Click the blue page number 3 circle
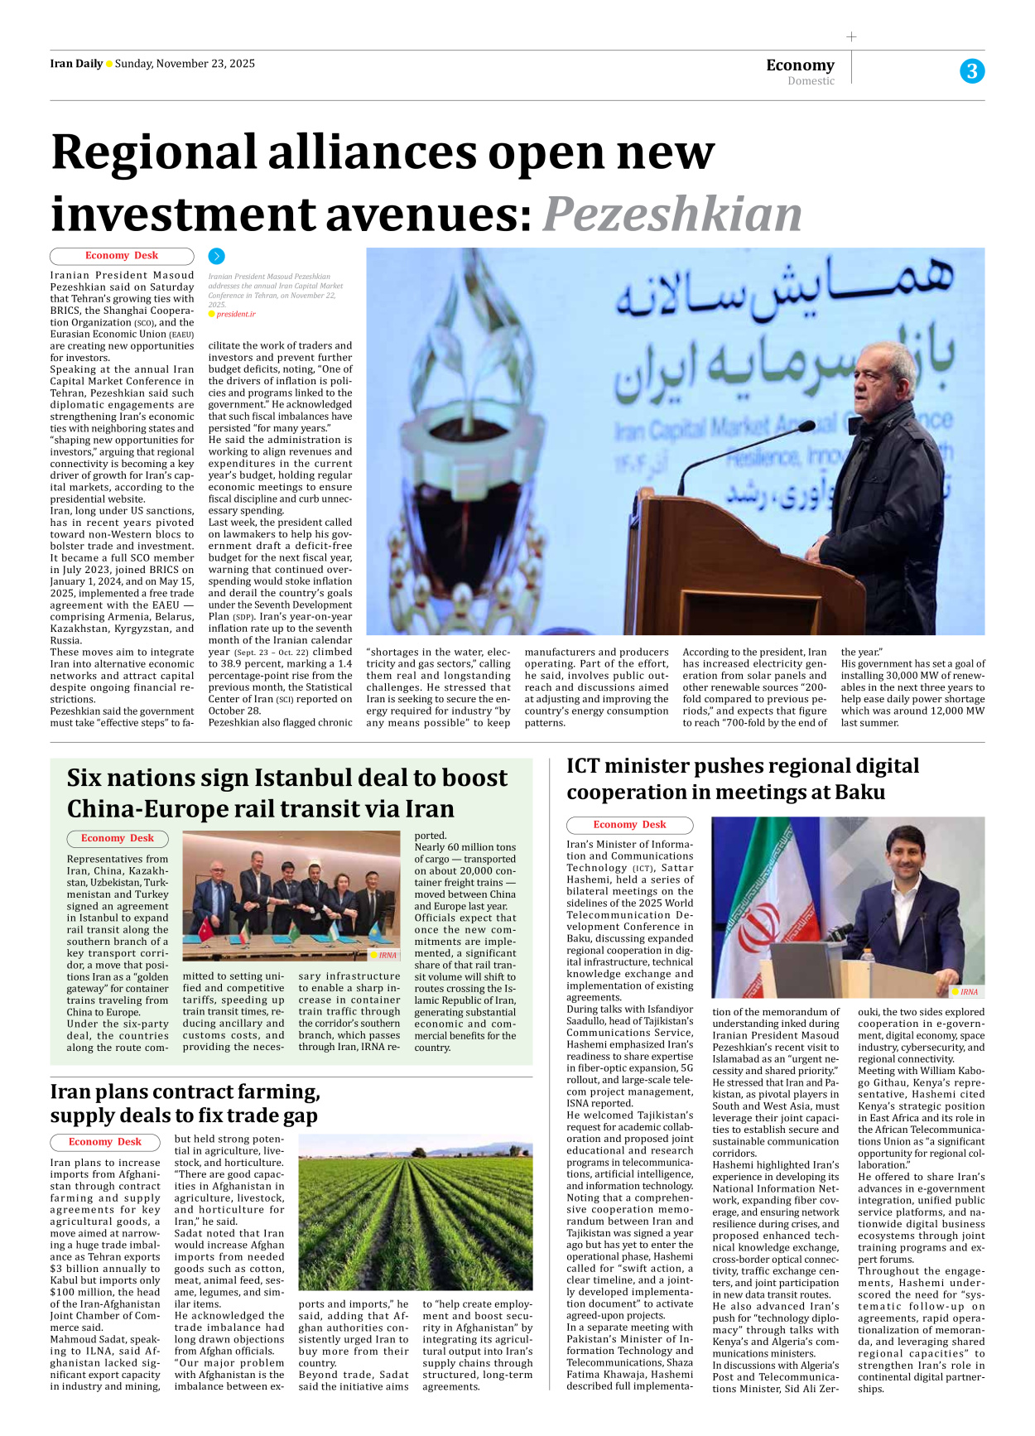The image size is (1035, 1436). [x=971, y=71]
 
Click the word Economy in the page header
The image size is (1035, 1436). [x=800, y=65]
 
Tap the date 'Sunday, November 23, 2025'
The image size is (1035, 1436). [x=185, y=64]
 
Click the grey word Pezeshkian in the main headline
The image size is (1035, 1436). [x=672, y=214]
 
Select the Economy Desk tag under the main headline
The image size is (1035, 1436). [x=122, y=256]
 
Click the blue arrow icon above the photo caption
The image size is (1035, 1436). [x=216, y=257]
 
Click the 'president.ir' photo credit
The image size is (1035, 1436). [x=235, y=314]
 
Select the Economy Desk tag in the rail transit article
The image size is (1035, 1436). [x=118, y=838]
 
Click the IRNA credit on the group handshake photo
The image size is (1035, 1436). [x=387, y=955]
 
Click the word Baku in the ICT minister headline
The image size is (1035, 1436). [x=860, y=792]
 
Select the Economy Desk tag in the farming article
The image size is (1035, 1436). [x=105, y=1142]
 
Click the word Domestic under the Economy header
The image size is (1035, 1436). [x=811, y=81]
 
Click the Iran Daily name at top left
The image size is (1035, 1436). [x=76, y=64]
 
